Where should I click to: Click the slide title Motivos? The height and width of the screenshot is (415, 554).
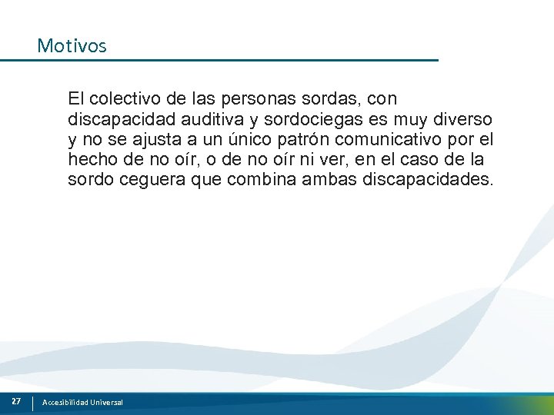72,46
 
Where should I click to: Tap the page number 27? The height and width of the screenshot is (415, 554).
15,402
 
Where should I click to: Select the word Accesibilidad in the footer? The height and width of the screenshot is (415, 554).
65,403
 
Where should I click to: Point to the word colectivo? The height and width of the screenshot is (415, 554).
125,99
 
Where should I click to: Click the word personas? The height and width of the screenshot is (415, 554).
252,99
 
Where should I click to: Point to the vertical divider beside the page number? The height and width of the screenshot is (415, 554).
33,403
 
